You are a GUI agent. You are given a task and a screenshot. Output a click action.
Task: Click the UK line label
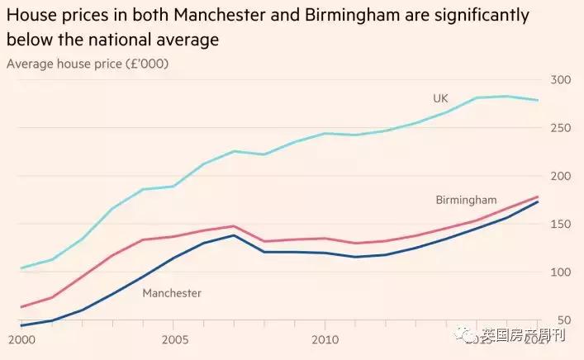pyautogui.click(x=440, y=98)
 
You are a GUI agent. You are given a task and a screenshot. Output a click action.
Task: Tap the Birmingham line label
pyautogui.click(x=466, y=200)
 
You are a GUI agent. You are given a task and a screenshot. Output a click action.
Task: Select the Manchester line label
pyautogui.click(x=172, y=292)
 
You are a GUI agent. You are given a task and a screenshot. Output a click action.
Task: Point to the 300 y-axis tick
pyautogui.click(x=560, y=80)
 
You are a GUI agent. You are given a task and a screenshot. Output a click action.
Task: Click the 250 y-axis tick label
pyautogui.click(x=560, y=128)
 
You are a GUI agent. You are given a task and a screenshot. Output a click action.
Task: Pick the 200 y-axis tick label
pyautogui.click(x=560, y=176)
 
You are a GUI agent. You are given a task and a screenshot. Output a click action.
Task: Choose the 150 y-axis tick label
pyautogui.click(x=560, y=224)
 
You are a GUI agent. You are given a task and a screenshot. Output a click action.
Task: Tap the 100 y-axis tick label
pyautogui.click(x=560, y=272)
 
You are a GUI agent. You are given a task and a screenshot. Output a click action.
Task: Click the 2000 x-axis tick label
pyautogui.click(x=21, y=339)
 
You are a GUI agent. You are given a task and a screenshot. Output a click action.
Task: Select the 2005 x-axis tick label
pyautogui.click(x=173, y=339)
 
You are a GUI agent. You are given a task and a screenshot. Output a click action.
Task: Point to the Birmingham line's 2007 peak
pyautogui.click(x=235, y=226)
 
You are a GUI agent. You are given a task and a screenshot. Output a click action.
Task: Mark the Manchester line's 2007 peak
pyautogui.click(x=235, y=235)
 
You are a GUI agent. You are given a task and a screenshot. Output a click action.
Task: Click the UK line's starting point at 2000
pyautogui.click(x=21, y=268)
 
